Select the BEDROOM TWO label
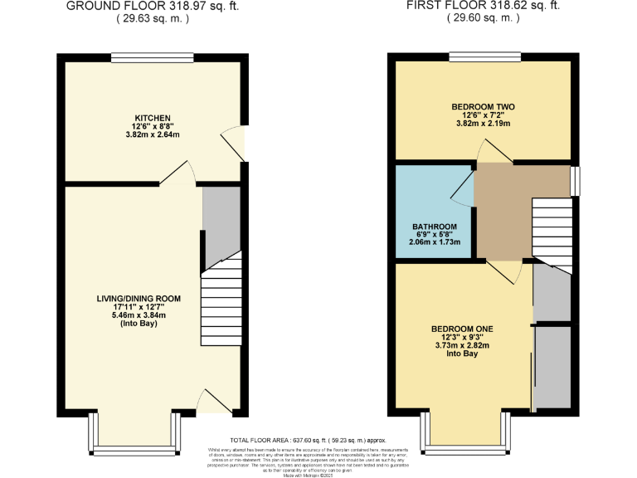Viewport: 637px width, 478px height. (483, 107)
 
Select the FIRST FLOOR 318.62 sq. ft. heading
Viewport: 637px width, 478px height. (482, 6)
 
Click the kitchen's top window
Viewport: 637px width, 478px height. (153, 57)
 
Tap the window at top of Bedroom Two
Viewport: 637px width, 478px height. (484, 57)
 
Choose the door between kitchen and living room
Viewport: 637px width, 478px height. (178, 173)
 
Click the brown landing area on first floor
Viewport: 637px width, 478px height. (503, 212)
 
